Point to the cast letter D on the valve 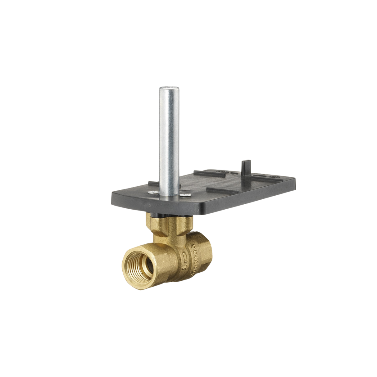pyautogui.click(x=185, y=256)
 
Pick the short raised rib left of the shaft pyautogui.click(x=153, y=184)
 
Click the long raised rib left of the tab pyautogui.click(x=210, y=172)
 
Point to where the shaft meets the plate pyautogui.click(x=169, y=195)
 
